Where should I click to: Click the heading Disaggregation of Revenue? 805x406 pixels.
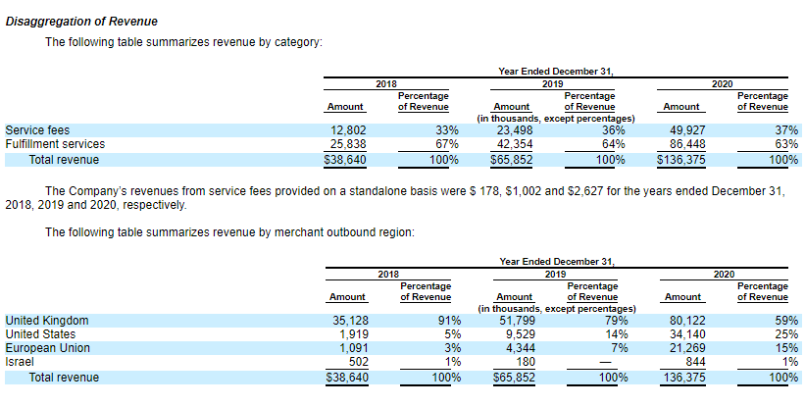point(81,22)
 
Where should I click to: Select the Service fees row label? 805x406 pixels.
point(37,129)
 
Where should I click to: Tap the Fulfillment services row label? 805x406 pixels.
point(55,144)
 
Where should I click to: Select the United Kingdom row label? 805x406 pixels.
point(47,321)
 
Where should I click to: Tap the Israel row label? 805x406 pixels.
point(20,362)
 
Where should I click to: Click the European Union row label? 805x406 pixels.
point(48,348)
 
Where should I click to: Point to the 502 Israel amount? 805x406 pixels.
point(357,362)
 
